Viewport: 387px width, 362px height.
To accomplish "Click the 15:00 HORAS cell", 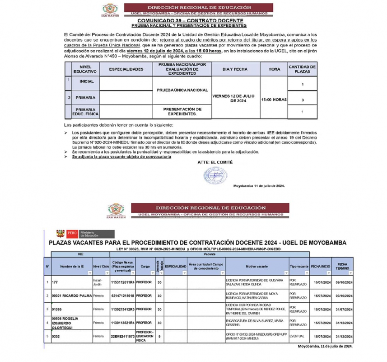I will coord(274,99).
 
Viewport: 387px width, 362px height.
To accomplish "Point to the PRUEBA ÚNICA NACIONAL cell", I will coord(182,90).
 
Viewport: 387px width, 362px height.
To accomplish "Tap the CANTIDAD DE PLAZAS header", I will coord(302,69).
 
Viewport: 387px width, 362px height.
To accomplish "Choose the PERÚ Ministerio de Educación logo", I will coord(77,234).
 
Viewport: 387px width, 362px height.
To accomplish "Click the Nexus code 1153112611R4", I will coord(122,283).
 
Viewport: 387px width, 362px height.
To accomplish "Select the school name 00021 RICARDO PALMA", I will coord(71,295).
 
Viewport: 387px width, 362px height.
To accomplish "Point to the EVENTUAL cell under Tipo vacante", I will coord(298,336).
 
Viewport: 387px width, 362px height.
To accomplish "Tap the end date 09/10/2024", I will coord(342,283).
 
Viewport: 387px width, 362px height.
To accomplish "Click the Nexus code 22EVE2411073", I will coord(122,336).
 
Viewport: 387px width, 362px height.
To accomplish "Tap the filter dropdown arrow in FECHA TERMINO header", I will coord(350,273).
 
